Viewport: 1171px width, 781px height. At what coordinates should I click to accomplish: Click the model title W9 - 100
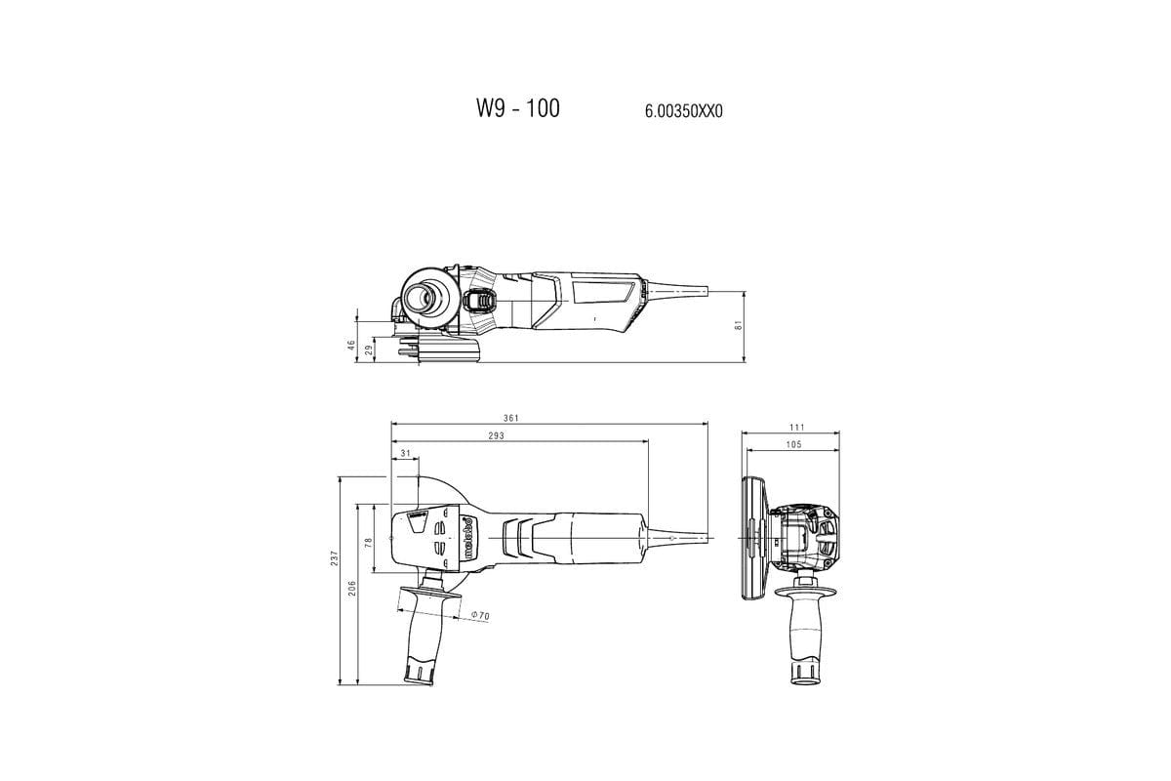(518, 108)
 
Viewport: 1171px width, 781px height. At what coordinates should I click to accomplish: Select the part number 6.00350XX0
(683, 111)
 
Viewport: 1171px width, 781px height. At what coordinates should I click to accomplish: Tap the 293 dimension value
(496, 436)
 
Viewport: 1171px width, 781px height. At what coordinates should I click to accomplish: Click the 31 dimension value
(404, 454)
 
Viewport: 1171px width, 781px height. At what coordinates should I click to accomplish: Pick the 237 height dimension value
(334, 557)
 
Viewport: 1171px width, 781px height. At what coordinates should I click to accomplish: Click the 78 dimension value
(370, 541)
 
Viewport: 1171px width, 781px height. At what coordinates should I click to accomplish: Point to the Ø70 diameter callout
(479, 615)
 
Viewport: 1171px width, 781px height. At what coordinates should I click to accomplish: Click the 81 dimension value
(740, 325)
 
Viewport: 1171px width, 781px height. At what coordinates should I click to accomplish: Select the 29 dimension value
(368, 349)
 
